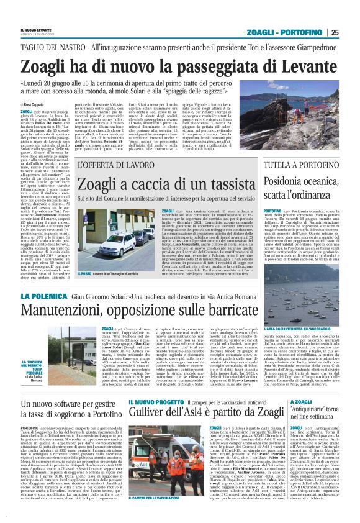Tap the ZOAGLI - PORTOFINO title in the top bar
[x=294, y=32]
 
